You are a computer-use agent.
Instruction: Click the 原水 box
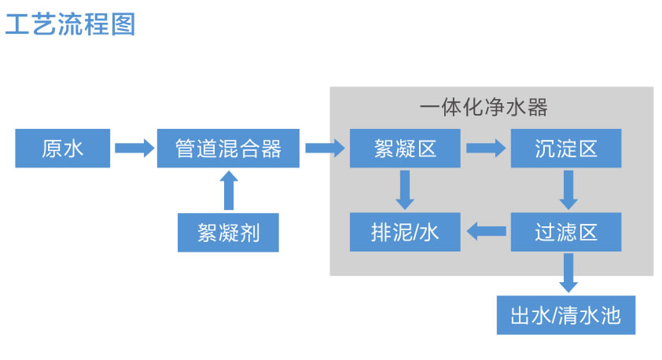62,148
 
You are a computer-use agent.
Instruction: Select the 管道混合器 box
228,148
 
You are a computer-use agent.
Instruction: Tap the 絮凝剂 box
228,232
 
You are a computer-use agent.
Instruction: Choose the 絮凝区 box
405,148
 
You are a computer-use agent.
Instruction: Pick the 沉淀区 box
566,148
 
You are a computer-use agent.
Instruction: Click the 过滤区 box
566,232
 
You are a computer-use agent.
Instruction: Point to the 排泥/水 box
405,232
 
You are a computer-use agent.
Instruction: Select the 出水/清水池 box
566,316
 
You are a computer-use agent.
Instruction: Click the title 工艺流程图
70,24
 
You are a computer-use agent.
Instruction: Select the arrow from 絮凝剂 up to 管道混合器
229,190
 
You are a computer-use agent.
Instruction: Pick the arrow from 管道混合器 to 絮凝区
325,148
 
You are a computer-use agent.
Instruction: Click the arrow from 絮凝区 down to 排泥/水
405,190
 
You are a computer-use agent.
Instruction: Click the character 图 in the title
123,24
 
